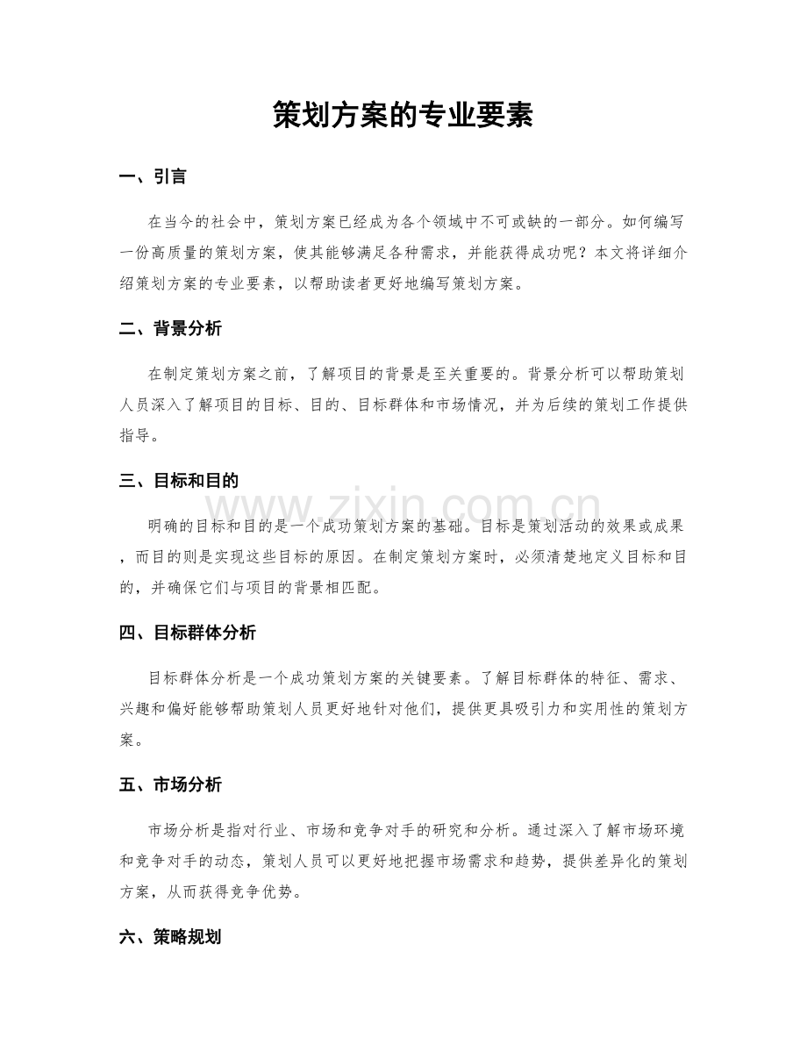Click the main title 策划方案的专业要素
tap(403, 114)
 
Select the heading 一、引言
tap(152, 177)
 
